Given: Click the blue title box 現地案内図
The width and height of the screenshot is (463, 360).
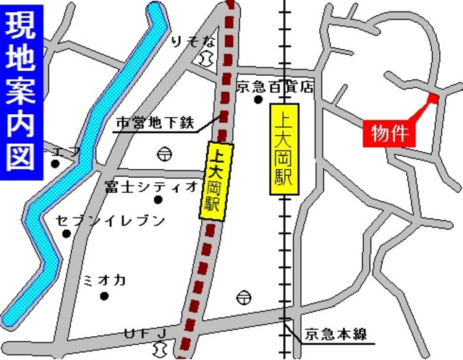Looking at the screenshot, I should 21,90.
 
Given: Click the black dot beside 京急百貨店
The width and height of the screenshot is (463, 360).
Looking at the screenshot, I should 258,100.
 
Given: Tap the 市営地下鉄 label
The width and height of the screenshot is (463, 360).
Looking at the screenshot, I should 156,124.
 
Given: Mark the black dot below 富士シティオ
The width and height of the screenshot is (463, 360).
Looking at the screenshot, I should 158,200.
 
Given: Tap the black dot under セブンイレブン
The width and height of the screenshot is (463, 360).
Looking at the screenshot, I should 67,233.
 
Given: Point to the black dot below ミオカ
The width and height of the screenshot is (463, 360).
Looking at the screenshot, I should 104,296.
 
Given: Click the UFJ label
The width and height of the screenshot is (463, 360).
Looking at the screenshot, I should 145,333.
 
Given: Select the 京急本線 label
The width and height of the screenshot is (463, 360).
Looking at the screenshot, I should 336,334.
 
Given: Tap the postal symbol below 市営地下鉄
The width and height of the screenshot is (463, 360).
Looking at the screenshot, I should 164,153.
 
